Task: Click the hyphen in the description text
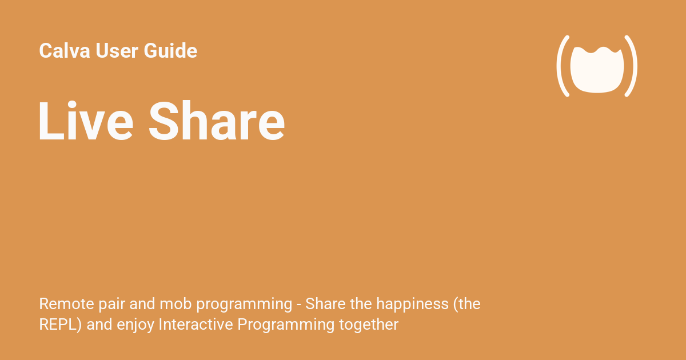[x=300, y=305]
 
